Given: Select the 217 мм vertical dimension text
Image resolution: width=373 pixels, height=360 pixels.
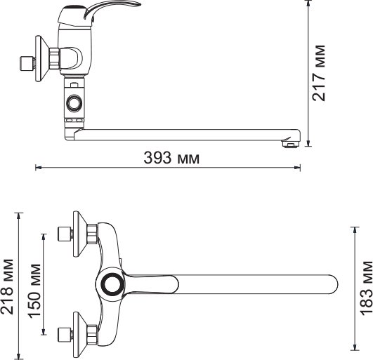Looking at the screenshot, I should click(320, 73).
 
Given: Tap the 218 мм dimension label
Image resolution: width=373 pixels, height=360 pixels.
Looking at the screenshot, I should click(8, 286).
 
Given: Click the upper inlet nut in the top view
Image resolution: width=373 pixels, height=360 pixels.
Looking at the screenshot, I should click(66, 234).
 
